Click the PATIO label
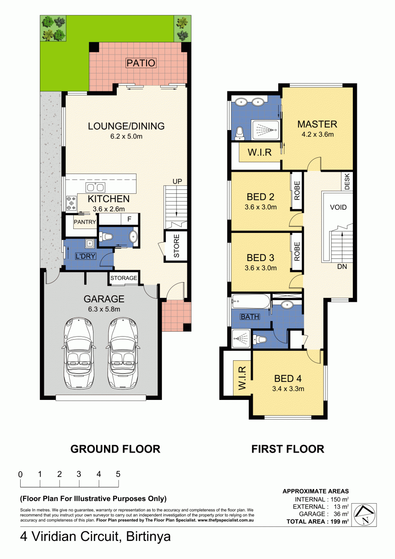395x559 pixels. pyautogui.click(x=141, y=63)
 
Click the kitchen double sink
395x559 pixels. pyautogui.click(x=95, y=187)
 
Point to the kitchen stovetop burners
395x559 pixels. pyautogui.click(x=71, y=203)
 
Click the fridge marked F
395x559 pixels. pyautogui.click(x=129, y=219)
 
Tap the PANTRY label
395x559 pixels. pyautogui.click(x=85, y=222)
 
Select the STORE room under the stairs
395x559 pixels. pyautogui.click(x=176, y=246)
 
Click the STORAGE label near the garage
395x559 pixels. pyautogui.click(x=124, y=278)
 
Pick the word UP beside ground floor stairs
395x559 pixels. pyautogui.click(x=177, y=181)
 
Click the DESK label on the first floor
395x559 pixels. pyautogui.click(x=347, y=181)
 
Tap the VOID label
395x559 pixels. pyautogui.click(x=338, y=207)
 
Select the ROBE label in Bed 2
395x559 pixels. pyautogui.click(x=297, y=190)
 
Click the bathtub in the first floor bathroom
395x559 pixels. pyautogui.click(x=251, y=301)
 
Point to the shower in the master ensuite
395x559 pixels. pyautogui.click(x=265, y=130)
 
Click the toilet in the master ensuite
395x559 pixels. pyautogui.click(x=240, y=134)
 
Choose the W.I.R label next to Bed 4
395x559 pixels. pyautogui.click(x=242, y=378)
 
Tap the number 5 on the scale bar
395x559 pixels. pyautogui.click(x=118, y=474)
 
